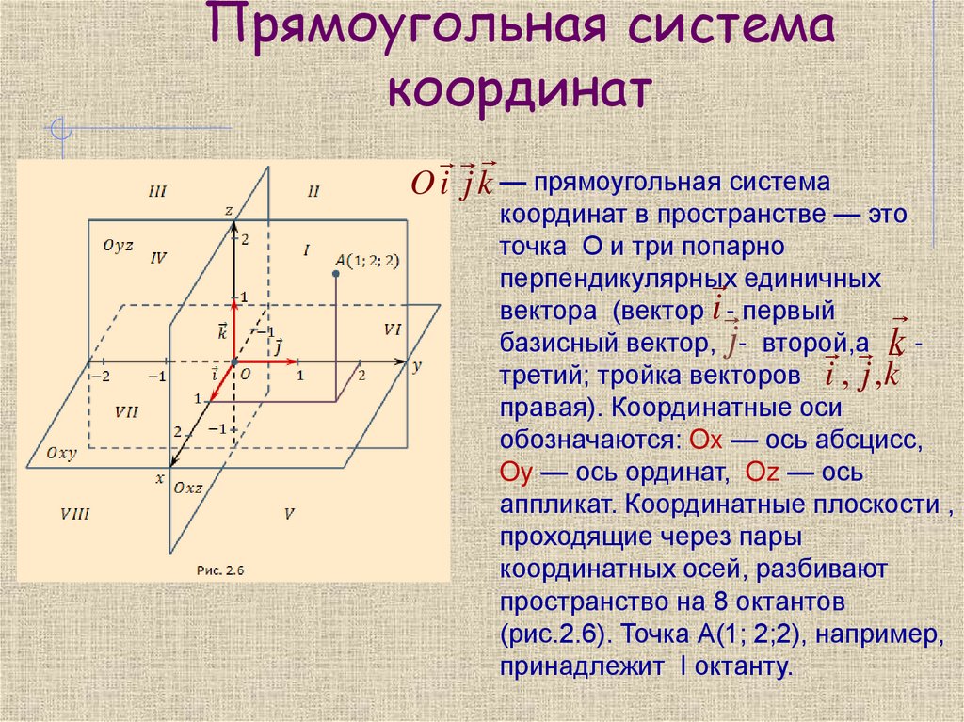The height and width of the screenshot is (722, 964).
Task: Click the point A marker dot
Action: [335, 274]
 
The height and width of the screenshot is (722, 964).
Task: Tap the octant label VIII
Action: [74, 514]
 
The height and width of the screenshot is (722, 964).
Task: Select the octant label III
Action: [157, 192]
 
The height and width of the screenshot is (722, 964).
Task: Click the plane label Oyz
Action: [118, 246]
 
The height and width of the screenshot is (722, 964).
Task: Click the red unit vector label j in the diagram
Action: [280, 345]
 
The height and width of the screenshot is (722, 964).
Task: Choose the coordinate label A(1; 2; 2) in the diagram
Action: [368, 261]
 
